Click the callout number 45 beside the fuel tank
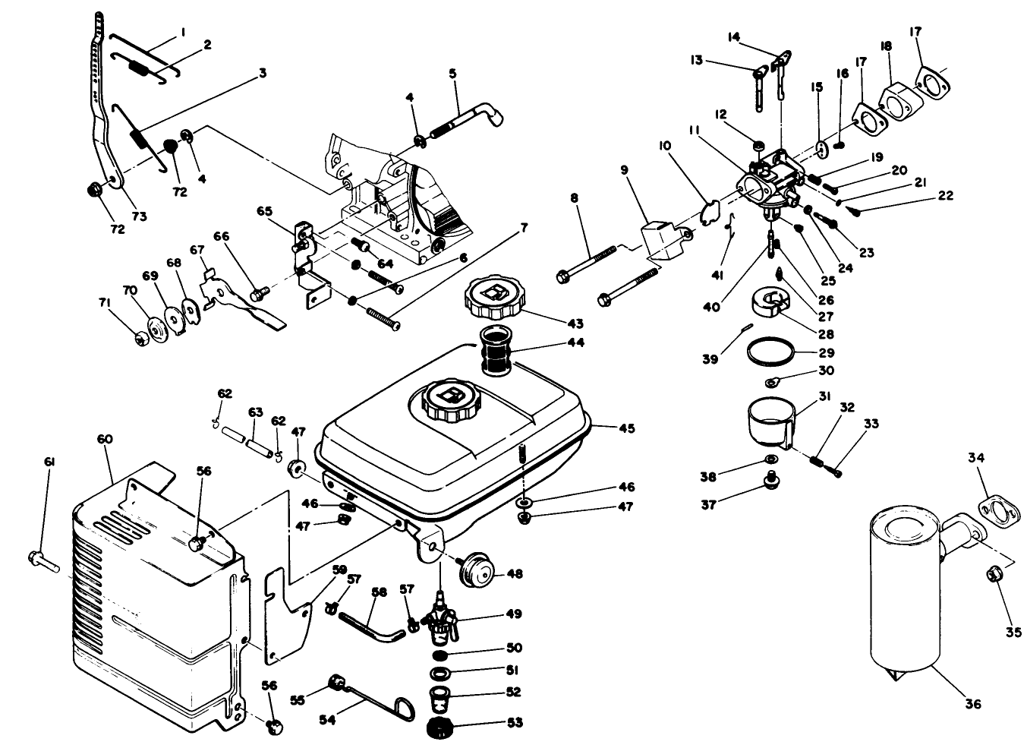pos(626,428)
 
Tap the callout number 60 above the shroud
pos(105,439)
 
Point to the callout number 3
pos(262,74)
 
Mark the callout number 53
pos(515,723)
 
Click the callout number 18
pos(885,46)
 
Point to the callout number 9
pos(625,170)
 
